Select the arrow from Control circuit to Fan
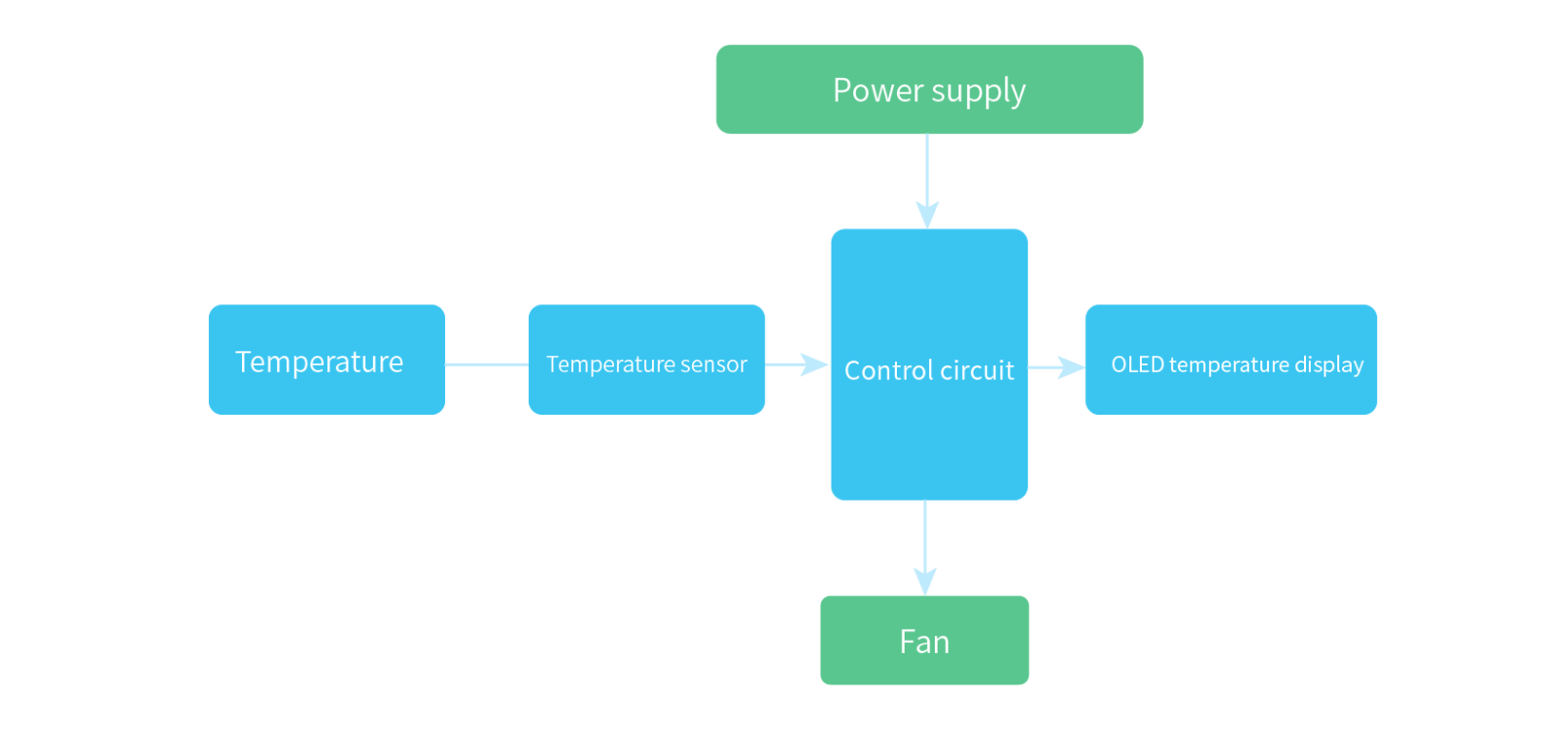pos(926,549)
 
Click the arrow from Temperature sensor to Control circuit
pos(797,364)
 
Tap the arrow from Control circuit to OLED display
pos(1057,366)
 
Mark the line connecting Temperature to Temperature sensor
pos(486,364)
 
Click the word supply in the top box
pos(979,91)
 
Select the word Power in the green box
pos(878,90)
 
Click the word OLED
pos(1137,364)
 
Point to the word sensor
pos(714,364)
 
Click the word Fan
pos(924,642)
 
